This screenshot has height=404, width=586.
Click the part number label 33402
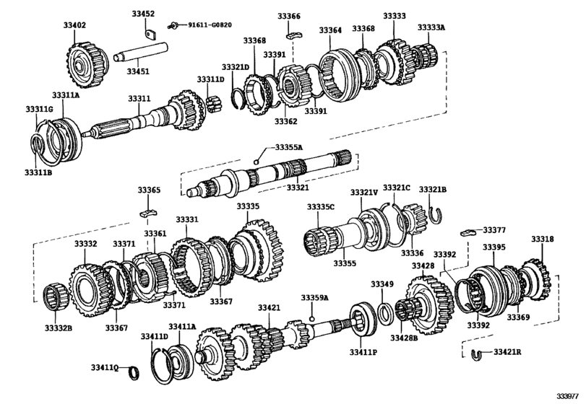tap(74, 25)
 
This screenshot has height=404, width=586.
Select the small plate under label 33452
tap(150, 35)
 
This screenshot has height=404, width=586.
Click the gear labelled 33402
tap(87, 65)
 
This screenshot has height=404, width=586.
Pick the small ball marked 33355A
tap(256, 162)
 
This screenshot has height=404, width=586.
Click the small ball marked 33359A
tap(312, 319)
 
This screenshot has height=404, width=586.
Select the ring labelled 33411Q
tap(134, 373)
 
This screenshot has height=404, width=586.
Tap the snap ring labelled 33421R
tap(476, 354)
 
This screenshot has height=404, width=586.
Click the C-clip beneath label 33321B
tap(436, 216)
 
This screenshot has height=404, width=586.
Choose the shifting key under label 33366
tap(294, 35)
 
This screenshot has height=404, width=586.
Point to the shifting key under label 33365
tap(149, 214)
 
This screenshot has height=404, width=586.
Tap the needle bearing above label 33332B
tap(56, 297)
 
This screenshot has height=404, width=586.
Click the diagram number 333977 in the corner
tap(569, 396)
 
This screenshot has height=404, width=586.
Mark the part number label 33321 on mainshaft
tap(298, 188)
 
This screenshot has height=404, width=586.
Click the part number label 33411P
tap(363, 352)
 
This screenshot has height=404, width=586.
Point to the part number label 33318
tap(543, 239)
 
